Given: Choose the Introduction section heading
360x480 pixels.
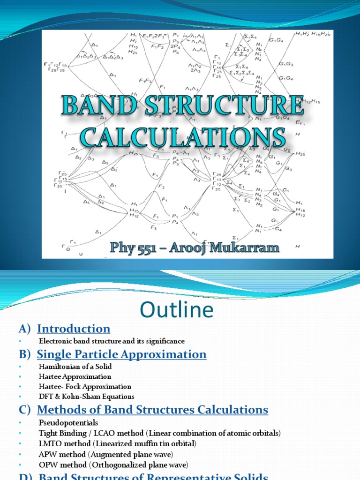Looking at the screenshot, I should (x=74, y=329).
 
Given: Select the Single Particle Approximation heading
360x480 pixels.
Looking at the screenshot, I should (x=121, y=354).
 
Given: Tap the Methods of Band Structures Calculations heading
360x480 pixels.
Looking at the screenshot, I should (x=152, y=410).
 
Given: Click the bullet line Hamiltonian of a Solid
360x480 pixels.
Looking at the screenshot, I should (x=75, y=366).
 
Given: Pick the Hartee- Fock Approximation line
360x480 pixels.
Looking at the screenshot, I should (x=85, y=387).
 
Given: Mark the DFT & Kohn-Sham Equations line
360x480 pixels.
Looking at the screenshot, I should (x=86, y=397).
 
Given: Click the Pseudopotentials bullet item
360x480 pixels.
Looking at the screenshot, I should (x=68, y=423).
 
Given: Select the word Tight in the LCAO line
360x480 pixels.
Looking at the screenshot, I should (x=48, y=433).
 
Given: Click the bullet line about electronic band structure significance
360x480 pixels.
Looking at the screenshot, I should (x=112, y=341).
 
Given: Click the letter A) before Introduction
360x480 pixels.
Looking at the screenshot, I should (x=24, y=329).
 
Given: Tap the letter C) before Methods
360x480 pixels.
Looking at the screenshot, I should (x=24, y=410).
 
